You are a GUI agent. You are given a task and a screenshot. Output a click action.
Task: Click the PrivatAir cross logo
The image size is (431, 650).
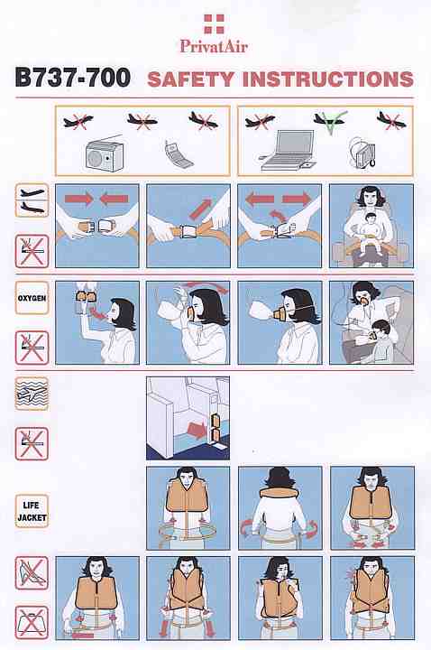(214, 23)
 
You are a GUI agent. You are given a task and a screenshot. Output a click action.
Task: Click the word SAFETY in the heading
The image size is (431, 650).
(191, 79)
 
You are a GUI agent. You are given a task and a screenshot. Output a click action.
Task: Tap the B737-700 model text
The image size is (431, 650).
(72, 78)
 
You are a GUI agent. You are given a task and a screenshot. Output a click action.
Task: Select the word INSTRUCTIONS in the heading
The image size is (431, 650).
(328, 79)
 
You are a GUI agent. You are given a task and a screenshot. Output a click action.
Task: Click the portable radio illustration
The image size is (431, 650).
(105, 154)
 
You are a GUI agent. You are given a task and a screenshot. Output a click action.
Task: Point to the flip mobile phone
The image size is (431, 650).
(179, 154)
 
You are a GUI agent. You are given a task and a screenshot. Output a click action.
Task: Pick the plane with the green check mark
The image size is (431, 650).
(330, 121)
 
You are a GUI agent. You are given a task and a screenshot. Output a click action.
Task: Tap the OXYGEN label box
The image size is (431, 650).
(32, 298)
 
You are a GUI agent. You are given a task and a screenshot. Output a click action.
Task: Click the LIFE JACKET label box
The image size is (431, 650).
(32, 511)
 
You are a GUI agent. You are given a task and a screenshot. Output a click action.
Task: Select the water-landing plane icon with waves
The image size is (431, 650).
(32, 394)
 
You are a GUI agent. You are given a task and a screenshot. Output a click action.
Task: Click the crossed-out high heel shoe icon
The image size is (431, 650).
(32, 573)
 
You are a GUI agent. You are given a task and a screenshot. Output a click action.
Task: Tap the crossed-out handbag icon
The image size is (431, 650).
(32, 623)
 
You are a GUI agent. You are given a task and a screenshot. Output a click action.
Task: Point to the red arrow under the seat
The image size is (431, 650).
(197, 430)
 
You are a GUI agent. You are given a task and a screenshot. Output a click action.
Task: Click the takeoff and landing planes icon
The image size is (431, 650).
(32, 200)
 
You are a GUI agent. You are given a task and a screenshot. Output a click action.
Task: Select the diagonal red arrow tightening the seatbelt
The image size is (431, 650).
(201, 209)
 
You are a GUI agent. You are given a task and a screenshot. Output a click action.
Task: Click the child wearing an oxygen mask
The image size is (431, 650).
(381, 340)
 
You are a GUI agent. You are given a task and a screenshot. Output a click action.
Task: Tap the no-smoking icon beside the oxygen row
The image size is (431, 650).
(32, 348)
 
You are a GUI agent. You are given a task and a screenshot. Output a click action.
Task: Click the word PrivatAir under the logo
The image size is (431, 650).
(214, 46)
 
